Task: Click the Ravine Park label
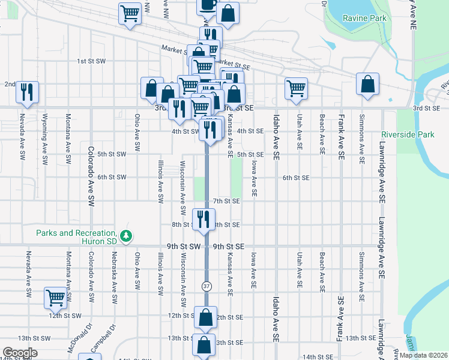[364, 18]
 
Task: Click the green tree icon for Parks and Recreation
[126, 237]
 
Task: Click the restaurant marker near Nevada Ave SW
[27, 92]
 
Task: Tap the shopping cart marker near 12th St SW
[55, 298]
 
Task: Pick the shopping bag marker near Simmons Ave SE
[367, 85]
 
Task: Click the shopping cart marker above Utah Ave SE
[296, 88]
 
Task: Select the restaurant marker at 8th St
[203, 218]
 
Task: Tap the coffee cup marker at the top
[208, 5]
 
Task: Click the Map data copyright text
[423, 355]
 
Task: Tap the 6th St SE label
[296, 178]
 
